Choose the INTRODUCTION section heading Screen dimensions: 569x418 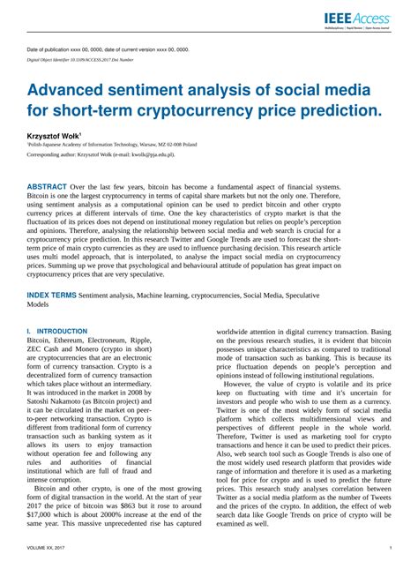(61, 331)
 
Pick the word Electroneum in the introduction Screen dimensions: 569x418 (126, 340)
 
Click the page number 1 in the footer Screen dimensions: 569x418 (390, 549)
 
